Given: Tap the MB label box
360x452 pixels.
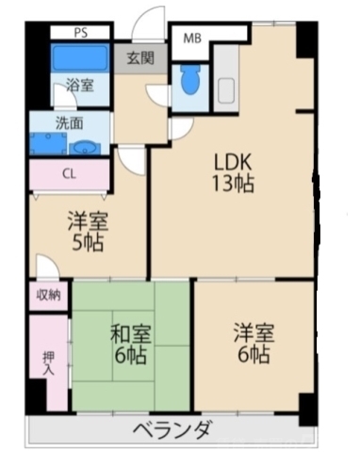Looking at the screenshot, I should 191,39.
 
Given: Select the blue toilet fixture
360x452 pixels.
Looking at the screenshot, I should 188,82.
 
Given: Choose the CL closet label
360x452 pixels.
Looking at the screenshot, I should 70,173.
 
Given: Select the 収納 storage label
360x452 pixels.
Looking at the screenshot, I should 49,295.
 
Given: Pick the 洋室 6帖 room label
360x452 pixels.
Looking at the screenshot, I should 252,344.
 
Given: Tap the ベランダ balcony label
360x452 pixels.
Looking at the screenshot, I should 172,430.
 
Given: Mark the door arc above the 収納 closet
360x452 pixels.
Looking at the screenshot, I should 48,266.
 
